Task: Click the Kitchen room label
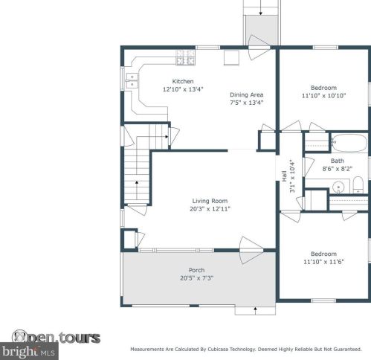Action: (x=183, y=81)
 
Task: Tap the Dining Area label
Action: (x=246, y=94)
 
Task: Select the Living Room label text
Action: (x=210, y=201)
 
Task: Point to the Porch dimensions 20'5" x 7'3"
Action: (x=197, y=278)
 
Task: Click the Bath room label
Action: (x=338, y=161)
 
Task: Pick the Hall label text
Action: (x=284, y=176)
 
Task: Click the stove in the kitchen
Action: (x=185, y=57)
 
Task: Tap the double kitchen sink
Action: (x=132, y=81)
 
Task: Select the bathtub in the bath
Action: (x=349, y=143)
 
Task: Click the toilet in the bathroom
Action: (x=358, y=185)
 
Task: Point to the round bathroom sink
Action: (x=338, y=187)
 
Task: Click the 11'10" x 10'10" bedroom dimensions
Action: (x=323, y=96)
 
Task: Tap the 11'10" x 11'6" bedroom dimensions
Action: (x=323, y=262)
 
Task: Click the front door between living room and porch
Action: (x=251, y=250)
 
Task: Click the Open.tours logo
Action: (x=56, y=337)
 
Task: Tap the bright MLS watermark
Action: (x=29, y=351)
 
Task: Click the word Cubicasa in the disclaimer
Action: (x=218, y=350)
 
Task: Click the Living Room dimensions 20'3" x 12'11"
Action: (x=210, y=209)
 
